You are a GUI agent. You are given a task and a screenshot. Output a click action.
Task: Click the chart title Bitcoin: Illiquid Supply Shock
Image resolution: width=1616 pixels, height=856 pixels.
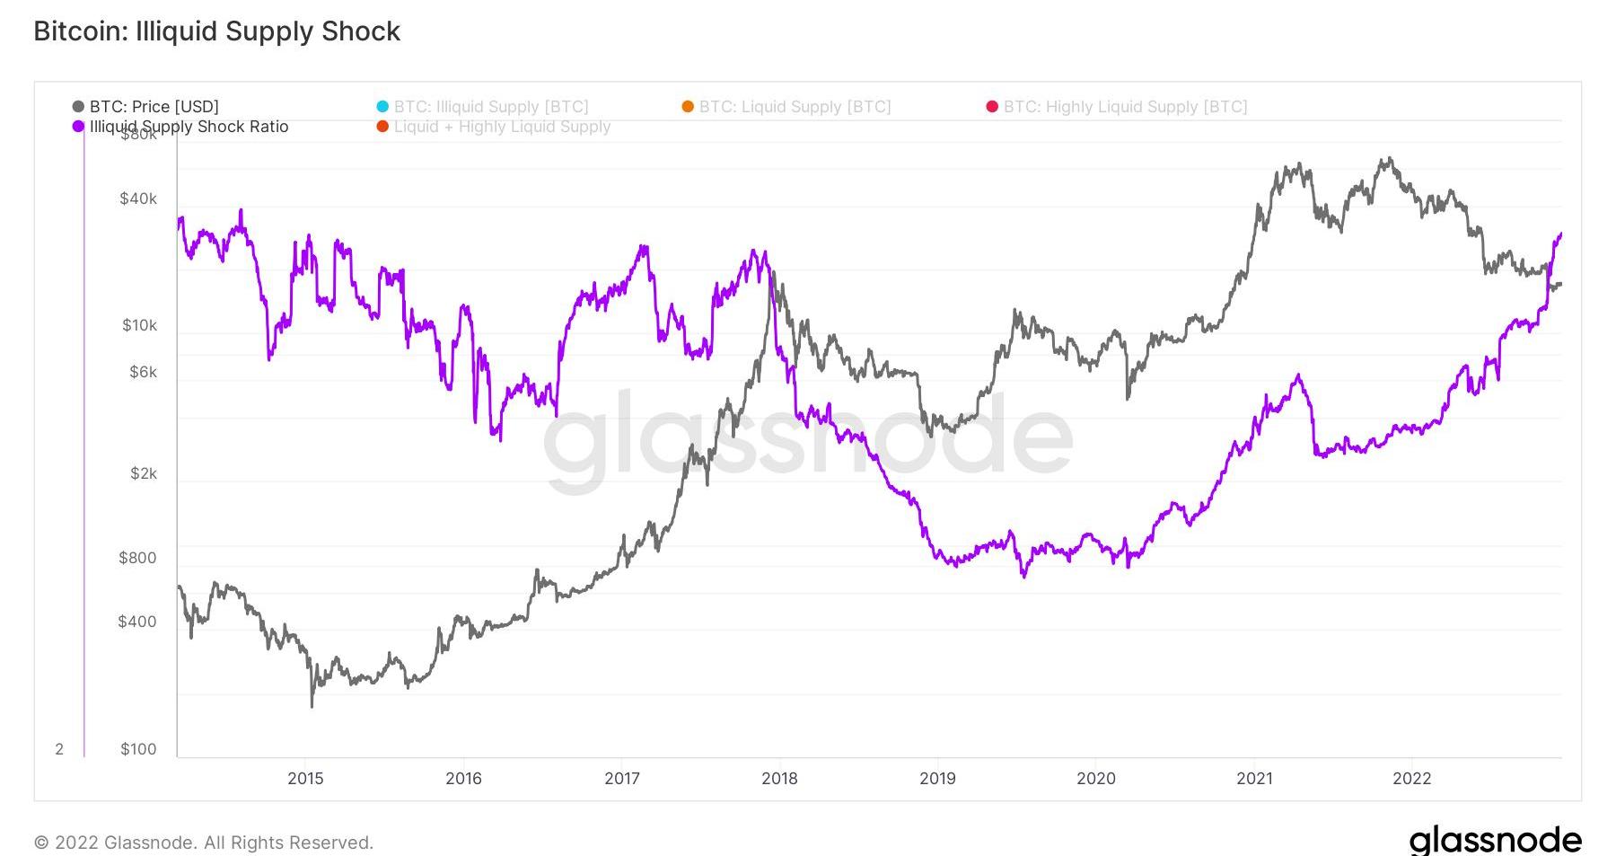click(x=216, y=31)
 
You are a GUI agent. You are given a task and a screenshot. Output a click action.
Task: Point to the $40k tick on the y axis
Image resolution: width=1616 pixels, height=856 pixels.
click(x=138, y=199)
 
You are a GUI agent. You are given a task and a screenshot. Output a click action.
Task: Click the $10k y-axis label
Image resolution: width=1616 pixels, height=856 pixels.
click(x=139, y=325)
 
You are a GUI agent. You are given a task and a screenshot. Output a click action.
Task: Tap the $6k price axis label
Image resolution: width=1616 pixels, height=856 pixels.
click(x=143, y=372)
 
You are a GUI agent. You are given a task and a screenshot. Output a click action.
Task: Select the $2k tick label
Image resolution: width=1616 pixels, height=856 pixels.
click(x=143, y=473)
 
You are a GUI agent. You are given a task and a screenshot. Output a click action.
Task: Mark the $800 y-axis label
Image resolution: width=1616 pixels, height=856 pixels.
click(x=137, y=558)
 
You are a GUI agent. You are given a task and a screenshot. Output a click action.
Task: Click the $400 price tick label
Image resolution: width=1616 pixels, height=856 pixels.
click(x=137, y=622)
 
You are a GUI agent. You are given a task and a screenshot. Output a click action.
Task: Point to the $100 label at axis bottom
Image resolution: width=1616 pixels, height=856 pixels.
click(x=138, y=749)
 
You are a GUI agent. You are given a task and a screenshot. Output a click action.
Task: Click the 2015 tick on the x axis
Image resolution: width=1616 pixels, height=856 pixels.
click(x=305, y=779)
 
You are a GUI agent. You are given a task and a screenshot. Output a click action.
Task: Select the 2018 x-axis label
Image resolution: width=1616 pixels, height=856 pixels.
click(x=779, y=779)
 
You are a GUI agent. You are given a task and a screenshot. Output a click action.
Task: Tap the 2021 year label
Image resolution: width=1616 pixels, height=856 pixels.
click(x=1254, y=779)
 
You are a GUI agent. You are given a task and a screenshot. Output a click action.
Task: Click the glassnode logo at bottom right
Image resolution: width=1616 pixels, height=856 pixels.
click(x=1495, y=840)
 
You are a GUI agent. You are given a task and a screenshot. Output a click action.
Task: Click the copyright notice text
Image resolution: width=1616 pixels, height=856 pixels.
click(x=204, y=843)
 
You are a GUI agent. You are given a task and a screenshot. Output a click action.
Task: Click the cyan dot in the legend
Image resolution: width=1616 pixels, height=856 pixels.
click(x=383, y=107)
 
